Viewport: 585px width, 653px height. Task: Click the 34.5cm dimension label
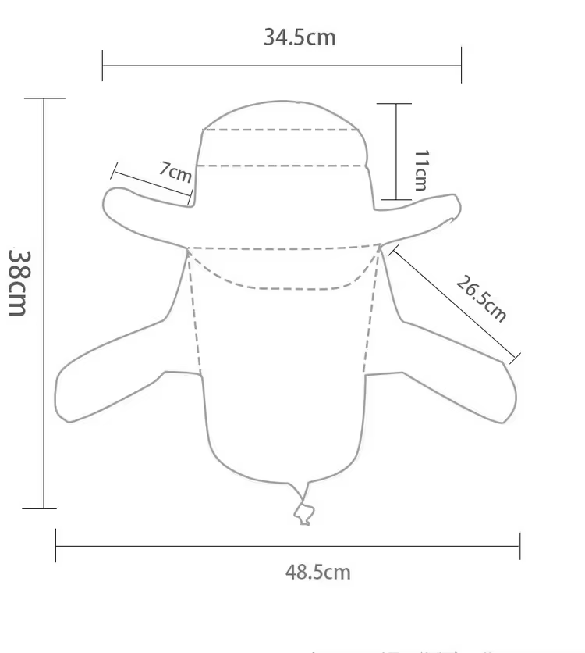(299, 37)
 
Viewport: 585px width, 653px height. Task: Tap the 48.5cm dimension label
(317, 572)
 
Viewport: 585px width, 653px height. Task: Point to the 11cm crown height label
(420, 170)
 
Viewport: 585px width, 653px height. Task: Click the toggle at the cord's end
(303, 513)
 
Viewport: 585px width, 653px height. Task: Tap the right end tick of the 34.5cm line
(461, 66)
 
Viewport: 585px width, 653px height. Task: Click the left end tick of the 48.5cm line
(56, 546)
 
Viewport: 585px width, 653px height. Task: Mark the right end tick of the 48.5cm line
(519, 546)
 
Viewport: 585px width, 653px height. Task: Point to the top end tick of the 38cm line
(44, 99)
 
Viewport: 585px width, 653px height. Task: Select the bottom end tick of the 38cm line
(44, 508)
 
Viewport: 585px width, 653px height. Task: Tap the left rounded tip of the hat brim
(109, 202)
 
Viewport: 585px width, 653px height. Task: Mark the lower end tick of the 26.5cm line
(515, 358)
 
